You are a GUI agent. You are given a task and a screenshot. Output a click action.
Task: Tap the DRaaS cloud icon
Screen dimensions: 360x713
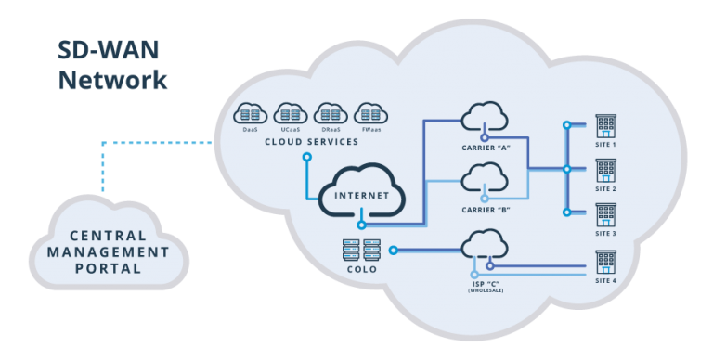point(328,113)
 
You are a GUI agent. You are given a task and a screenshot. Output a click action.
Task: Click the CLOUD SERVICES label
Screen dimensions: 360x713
point(311,142)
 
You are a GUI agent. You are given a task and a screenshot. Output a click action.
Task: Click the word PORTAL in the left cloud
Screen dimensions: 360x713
point(110,269)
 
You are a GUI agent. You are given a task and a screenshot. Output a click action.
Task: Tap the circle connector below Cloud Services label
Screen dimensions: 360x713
point(306,156)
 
